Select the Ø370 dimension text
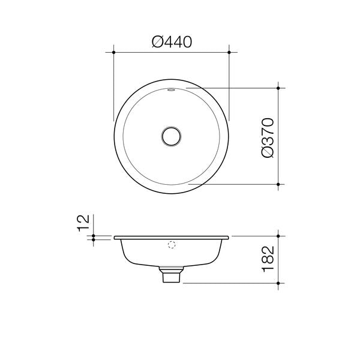point(268,137)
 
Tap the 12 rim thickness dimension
point(85,223)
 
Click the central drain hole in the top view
point(172,136)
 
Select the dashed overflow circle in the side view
point(172,245)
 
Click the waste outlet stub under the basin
point(172,276)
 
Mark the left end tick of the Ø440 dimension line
point(114,53)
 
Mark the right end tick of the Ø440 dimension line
point(229,53)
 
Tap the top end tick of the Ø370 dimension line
point(280,88)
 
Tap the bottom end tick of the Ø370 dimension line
point(280,184)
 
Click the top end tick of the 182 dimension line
point(280,236)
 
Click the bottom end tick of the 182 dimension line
point(280,283)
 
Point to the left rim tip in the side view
point(115,238)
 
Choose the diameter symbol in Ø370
point(268,152)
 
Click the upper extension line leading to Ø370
point(234,88)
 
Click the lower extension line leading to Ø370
point(234,184)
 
